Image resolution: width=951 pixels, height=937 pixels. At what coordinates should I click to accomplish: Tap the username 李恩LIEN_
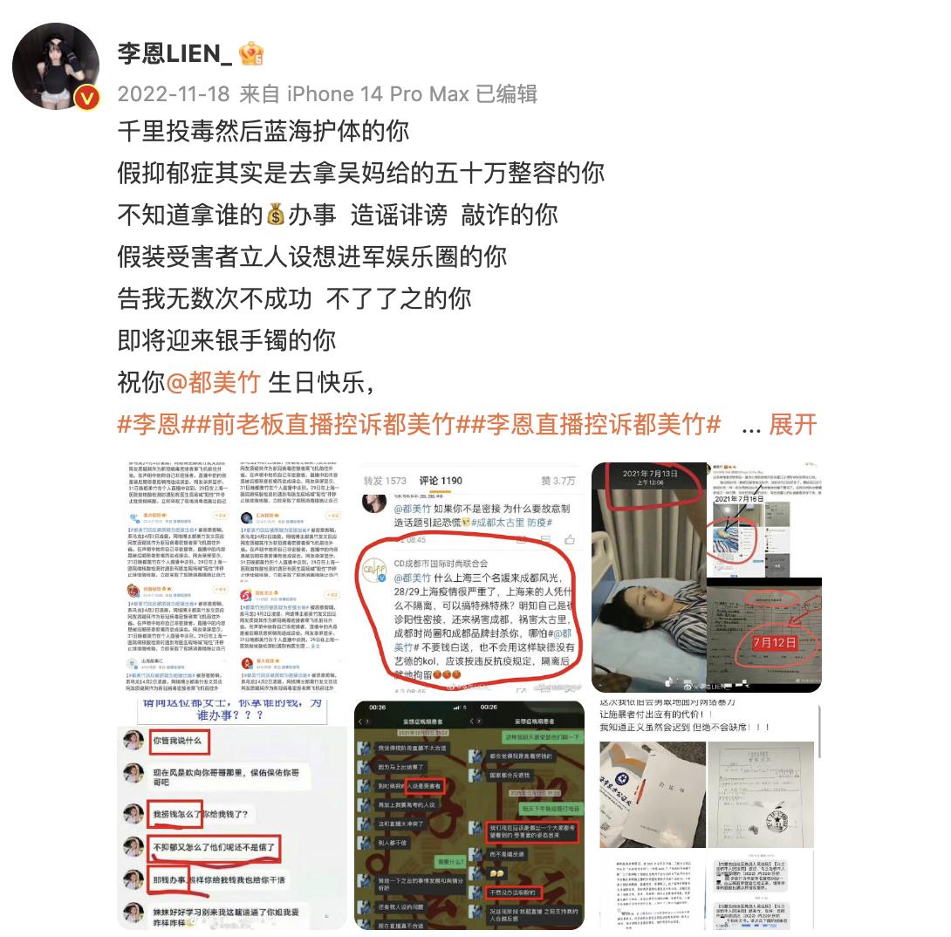174,54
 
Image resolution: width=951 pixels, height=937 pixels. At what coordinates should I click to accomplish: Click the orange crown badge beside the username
251,54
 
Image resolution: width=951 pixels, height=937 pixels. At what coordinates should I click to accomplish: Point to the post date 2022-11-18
174,94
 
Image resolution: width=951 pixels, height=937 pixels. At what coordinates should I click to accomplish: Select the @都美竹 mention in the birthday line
215,382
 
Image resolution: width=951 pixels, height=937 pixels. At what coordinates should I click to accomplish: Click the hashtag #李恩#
148,425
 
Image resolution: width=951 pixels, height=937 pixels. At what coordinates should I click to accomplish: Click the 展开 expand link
793,425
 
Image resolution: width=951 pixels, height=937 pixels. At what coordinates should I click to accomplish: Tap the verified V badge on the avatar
86,98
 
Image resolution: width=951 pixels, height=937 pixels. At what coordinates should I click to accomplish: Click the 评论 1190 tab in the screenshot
440,480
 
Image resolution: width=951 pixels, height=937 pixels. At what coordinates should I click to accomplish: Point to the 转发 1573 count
385,480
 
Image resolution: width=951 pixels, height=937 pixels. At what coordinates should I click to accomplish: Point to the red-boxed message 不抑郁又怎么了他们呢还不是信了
215,847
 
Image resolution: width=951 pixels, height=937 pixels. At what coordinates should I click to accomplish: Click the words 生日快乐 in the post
319,382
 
